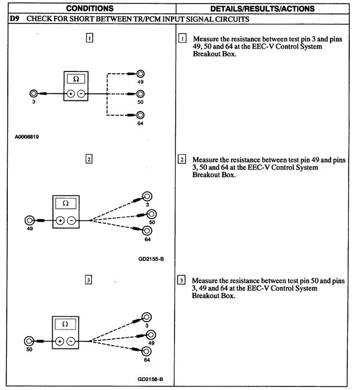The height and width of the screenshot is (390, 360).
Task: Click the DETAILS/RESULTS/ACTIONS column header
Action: (x=267, y=8)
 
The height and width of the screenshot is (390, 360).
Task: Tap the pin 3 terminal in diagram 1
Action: (x=34, y=94)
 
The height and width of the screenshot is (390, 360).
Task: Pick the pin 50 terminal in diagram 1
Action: (x=140, y=94)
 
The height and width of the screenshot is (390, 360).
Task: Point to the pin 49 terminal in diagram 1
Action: (x=140, y=74)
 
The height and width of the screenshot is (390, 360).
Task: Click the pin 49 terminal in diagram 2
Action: (x=29, y=220)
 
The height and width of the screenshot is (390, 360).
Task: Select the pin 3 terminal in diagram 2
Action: (x=146, y=196)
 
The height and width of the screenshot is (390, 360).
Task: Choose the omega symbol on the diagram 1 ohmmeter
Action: (x=76, y=79)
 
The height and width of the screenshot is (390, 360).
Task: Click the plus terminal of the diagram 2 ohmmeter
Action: (x=60, y=220)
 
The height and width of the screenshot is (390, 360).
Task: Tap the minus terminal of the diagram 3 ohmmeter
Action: (x=71, y=340)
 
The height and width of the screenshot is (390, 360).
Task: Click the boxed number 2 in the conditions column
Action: (x=89, y=159)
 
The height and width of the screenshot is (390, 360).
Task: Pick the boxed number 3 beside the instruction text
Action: (x=182, y=280)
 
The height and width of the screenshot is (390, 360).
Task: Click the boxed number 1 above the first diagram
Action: (x=89, y=38)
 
